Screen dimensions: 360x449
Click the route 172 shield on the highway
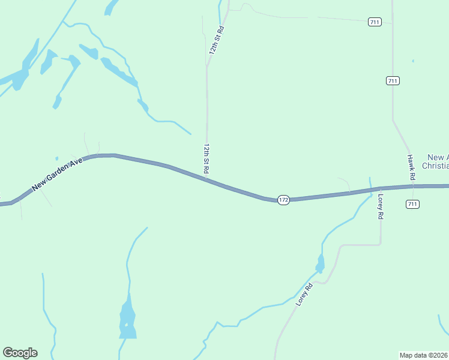(284, 199)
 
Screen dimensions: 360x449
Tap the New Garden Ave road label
(58, 175)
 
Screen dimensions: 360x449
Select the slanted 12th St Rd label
(216, 41)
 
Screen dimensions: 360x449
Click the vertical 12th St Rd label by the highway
(206, 158)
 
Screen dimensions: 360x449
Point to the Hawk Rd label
(411, 168)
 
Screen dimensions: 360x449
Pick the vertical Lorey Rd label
(380, 206)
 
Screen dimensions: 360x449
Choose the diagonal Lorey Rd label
(305, 295)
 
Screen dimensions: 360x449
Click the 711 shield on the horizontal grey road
(375, 22)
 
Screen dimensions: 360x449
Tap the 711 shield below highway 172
(412, 204)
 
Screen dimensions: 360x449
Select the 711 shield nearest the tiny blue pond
(393, 80)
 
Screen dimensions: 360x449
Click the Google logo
(20, 353)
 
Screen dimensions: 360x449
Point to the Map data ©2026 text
(424, 355)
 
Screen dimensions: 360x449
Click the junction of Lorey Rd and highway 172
(381, 188)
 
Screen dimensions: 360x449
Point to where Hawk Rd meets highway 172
(412, 186)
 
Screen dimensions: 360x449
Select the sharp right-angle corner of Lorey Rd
(381, 244)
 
